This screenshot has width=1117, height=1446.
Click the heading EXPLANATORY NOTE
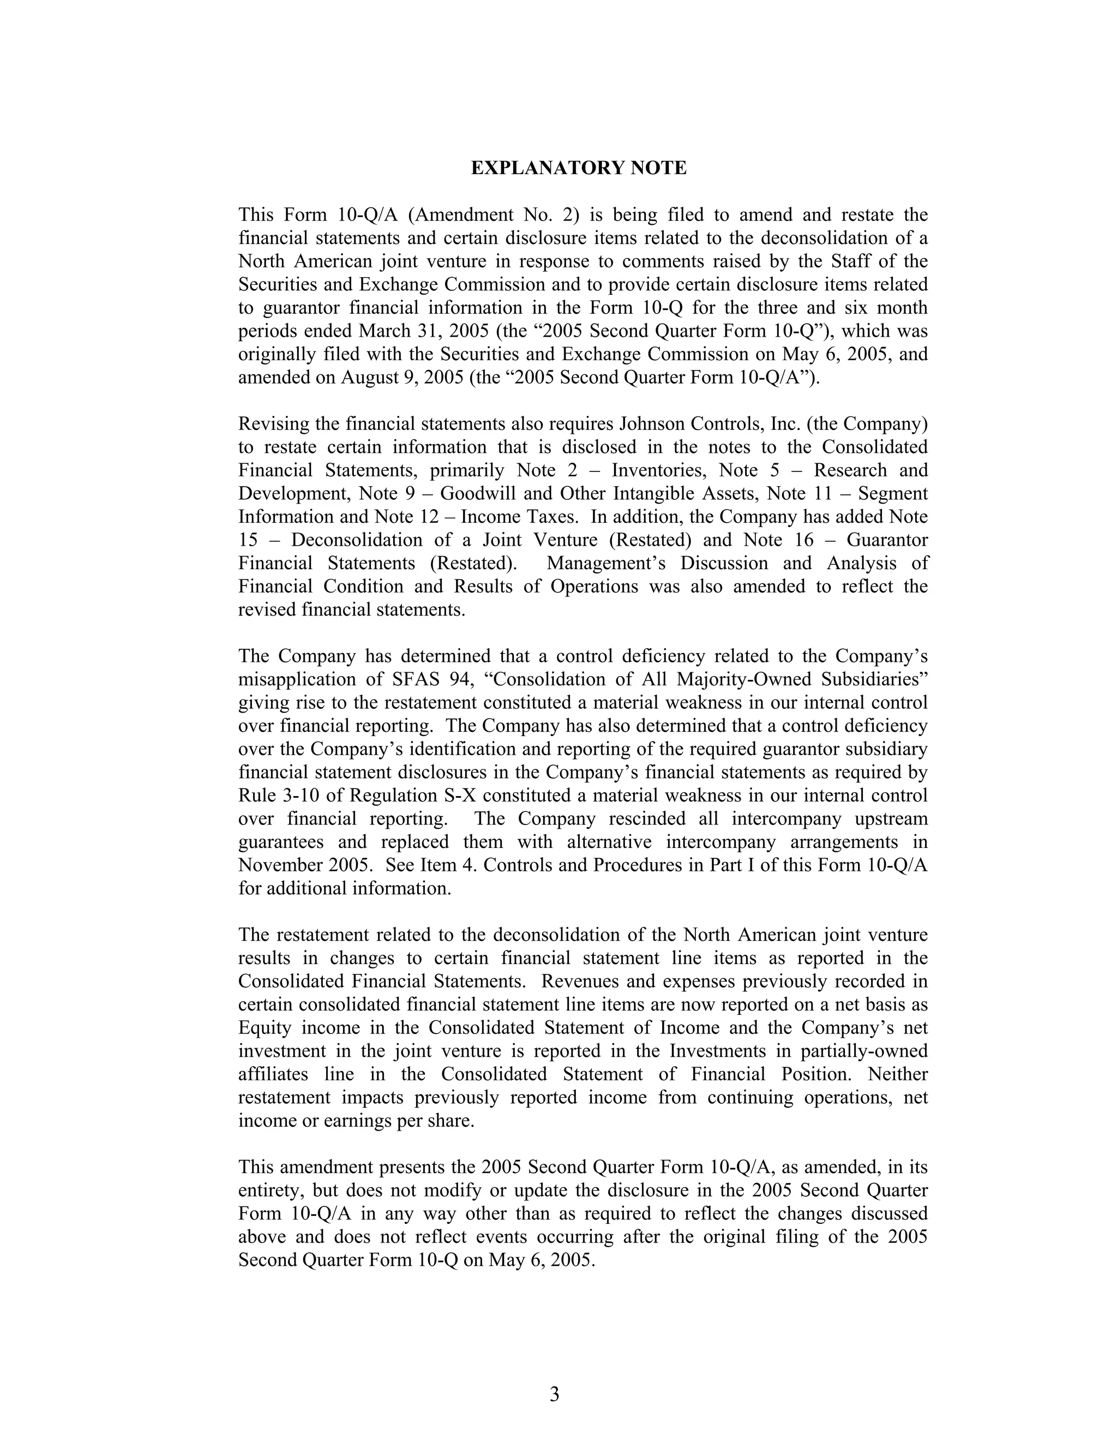click(578, 168)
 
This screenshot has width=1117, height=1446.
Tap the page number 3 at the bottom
click(555, 1394)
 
